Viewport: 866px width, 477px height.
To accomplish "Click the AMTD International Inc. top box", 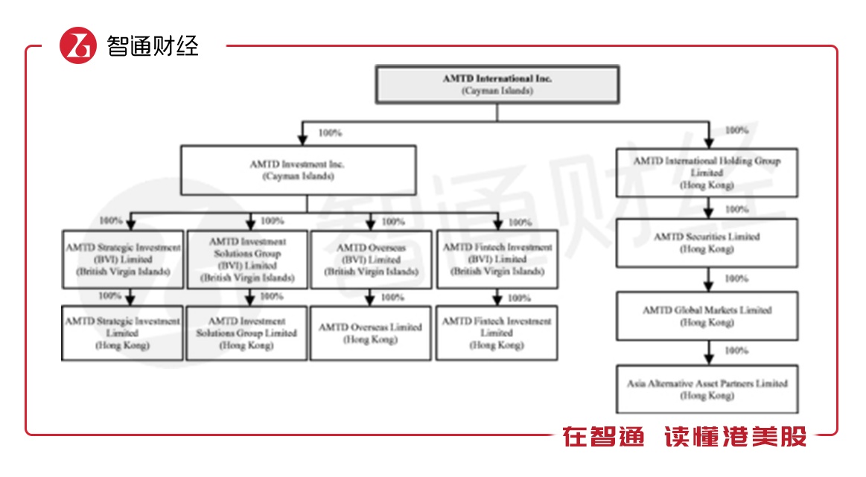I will (x=497, y=84).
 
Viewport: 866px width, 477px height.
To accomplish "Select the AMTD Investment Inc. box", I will (x=297, y=170).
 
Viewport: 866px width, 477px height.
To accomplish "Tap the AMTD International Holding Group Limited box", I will (x=707, y=173).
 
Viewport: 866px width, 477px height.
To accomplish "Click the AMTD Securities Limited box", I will (x=707, y=243).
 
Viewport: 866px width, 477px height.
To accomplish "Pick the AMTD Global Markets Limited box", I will (x=707, y=316).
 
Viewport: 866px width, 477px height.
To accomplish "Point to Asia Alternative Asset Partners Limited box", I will (x=707, y=389).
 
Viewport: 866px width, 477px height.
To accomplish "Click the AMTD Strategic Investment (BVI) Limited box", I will (x=122, y=260).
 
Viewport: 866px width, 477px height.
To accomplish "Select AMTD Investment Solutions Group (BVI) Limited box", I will (x=246, y=260).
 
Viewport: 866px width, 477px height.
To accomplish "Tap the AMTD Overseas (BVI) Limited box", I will (x=370, y=260).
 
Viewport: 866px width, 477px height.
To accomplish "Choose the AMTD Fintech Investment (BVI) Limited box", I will (x=497, y=260).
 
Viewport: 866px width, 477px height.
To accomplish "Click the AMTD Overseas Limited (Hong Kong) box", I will (x=370, y=333).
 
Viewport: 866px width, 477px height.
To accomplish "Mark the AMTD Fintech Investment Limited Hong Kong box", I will (x=497, y=333).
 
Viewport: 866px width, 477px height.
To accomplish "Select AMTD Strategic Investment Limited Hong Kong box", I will (x=122, y=333).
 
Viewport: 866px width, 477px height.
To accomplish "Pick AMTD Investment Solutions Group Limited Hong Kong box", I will (x=246, y=333).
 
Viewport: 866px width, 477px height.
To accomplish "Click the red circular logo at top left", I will (x=78, y=46).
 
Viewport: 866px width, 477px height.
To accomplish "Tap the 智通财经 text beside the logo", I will (x=153, y=46).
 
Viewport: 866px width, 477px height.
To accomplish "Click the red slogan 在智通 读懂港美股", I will (x=684, y=437).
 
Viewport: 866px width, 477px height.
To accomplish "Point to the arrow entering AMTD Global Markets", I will (x=708, y=282).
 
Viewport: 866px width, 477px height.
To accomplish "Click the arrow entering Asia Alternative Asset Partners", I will (x=708, y=354).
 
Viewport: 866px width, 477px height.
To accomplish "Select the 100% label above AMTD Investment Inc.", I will (x=330, y=132).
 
